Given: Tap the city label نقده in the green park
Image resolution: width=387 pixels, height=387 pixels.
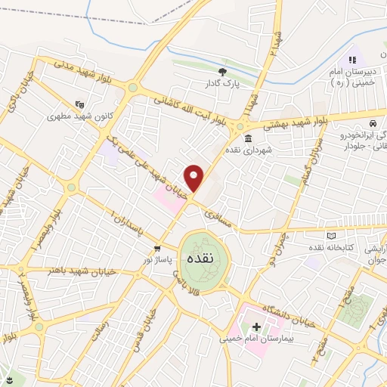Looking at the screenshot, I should pyautogui.click(x=204, y=258).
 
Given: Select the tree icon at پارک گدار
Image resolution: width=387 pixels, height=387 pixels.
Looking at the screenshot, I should pyautogui.click(x=221, y=71).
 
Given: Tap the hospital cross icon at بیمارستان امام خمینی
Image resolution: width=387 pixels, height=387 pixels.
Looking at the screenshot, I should pyautogui.click(x=256, y=327).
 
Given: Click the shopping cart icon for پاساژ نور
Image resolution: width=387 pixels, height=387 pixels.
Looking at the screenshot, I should pyautogui.click(x=157, y=248).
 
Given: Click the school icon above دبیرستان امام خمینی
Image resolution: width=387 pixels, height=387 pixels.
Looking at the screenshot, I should pyautogui.click(x=351, y=60).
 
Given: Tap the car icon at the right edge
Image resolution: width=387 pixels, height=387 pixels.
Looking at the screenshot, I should pyautogui.click(x=373, y=123).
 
